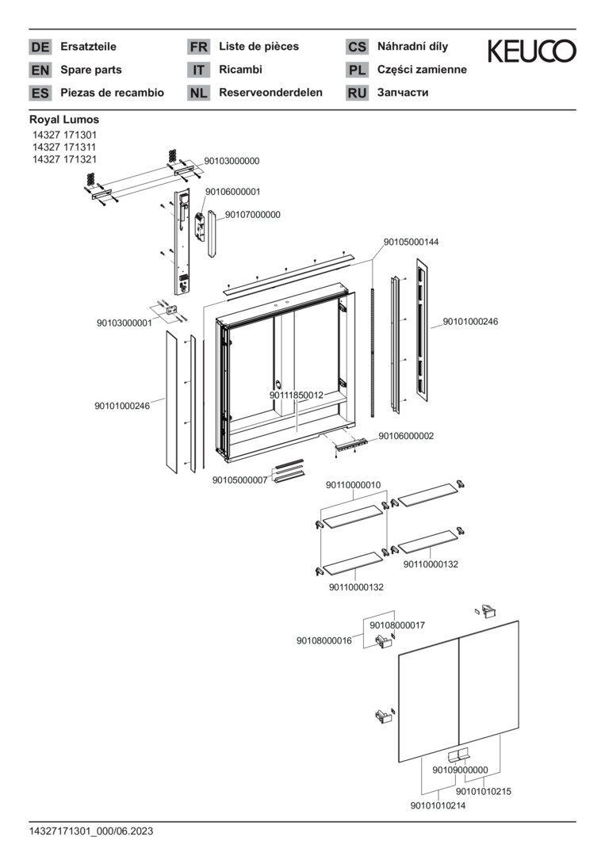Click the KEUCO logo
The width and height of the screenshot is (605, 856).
(531, 52)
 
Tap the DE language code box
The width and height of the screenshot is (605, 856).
(40, 47)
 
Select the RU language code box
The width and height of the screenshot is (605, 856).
(357, 93)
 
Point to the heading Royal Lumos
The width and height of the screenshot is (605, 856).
(64, 120)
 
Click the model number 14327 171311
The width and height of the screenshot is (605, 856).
(64, 147)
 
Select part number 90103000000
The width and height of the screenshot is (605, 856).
(232, 161)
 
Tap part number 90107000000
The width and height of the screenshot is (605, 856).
(252, 215)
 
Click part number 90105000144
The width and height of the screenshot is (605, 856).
(411, 242)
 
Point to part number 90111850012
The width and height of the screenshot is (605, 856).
(296, 395)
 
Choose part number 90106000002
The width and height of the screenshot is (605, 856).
(406, 436)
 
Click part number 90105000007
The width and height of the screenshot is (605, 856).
(239, 480)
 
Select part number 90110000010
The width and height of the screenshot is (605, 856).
(354, 484)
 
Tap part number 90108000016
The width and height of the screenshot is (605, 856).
(324, 640)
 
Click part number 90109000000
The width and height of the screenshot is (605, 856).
(460, 770)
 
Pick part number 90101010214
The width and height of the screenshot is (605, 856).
(438, 806)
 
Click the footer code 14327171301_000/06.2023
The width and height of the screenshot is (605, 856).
(91, 831)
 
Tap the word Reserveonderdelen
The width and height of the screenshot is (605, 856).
(270, 93)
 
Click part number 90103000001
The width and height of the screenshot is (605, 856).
(124, 323)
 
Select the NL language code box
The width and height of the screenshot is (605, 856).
(198, 93)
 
